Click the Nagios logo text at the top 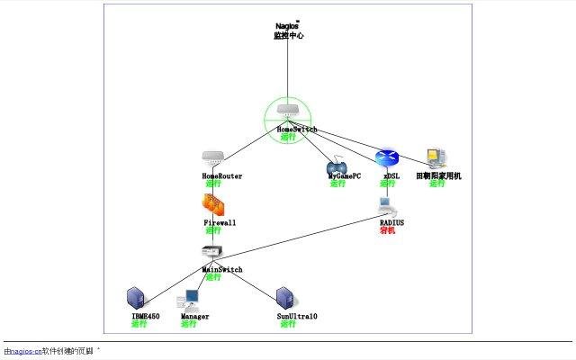288,26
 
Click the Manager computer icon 189,300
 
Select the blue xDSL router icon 386,158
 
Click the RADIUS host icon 386,207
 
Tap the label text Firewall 220,222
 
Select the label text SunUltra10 297,317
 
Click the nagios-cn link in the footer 25,351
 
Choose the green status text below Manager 188,324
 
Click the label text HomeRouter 221,176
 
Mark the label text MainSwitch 221,269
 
